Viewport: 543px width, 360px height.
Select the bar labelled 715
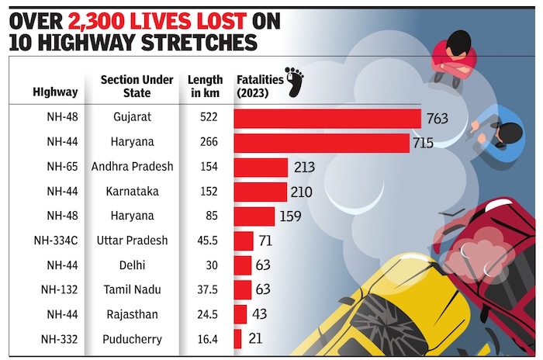click(321, 143)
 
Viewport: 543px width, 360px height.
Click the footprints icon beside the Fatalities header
click(294, 81)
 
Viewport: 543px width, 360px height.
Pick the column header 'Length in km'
click(205, 86)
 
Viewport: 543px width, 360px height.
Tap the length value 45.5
click(205, 241)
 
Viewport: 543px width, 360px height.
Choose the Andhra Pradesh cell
click(132, 168)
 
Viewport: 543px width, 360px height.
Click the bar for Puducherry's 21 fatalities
click(238, 338)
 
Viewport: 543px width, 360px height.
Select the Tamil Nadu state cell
click(132, 289)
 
